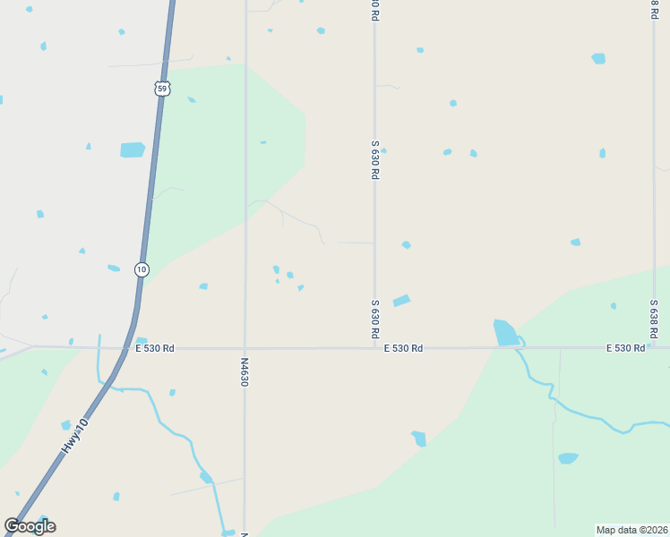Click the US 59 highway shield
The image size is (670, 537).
coord(161,88)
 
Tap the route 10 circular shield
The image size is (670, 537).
coord(142,269)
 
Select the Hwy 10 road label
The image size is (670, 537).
coord(75,437)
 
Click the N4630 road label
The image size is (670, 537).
coord(245,372)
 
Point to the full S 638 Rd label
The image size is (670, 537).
coord(654,319)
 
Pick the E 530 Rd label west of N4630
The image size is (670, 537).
coord(155,348)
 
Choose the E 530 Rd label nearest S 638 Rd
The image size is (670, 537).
coord(625,348)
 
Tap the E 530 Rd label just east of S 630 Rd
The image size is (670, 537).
coord(403,348)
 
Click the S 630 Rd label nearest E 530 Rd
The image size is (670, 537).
coord(374,319)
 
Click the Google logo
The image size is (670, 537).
coord(30,526)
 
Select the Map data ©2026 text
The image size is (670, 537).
coord(631,529)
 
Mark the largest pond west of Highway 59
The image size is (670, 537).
coord(133,150)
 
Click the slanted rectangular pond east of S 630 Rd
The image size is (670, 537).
coord(401,301)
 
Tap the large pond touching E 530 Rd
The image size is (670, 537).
coord(505,333)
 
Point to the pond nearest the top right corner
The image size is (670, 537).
coord(598,58)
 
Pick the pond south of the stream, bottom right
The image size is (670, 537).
coord(568,458)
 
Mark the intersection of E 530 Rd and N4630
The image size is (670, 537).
coord(245,348)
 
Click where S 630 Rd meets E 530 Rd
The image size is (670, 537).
coord(375,348)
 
